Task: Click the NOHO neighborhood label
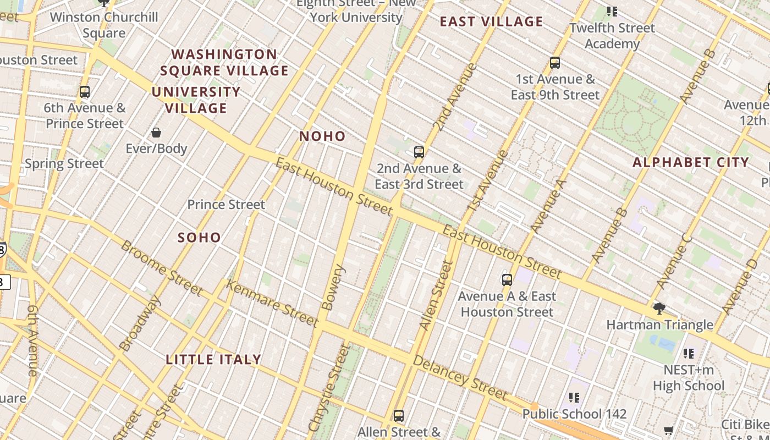pos(322,136)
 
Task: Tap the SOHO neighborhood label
pos(199,238)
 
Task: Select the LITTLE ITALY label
pos(213,360)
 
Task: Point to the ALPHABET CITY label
pos(690,162)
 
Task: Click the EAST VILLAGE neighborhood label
pos(491,22)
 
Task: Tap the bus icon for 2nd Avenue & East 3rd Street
pos(419,152)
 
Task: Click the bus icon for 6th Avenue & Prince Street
pos(85,92)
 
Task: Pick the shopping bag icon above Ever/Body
pos(156,133)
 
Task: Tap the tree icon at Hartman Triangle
pos(659,309)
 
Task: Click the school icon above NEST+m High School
pos(689,354)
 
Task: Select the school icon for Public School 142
pos(574,397)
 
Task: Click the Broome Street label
pos(161,267)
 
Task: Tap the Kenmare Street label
pos(272,303)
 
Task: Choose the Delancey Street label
pos(459,377)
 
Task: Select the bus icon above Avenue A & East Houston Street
pos(507,280)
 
